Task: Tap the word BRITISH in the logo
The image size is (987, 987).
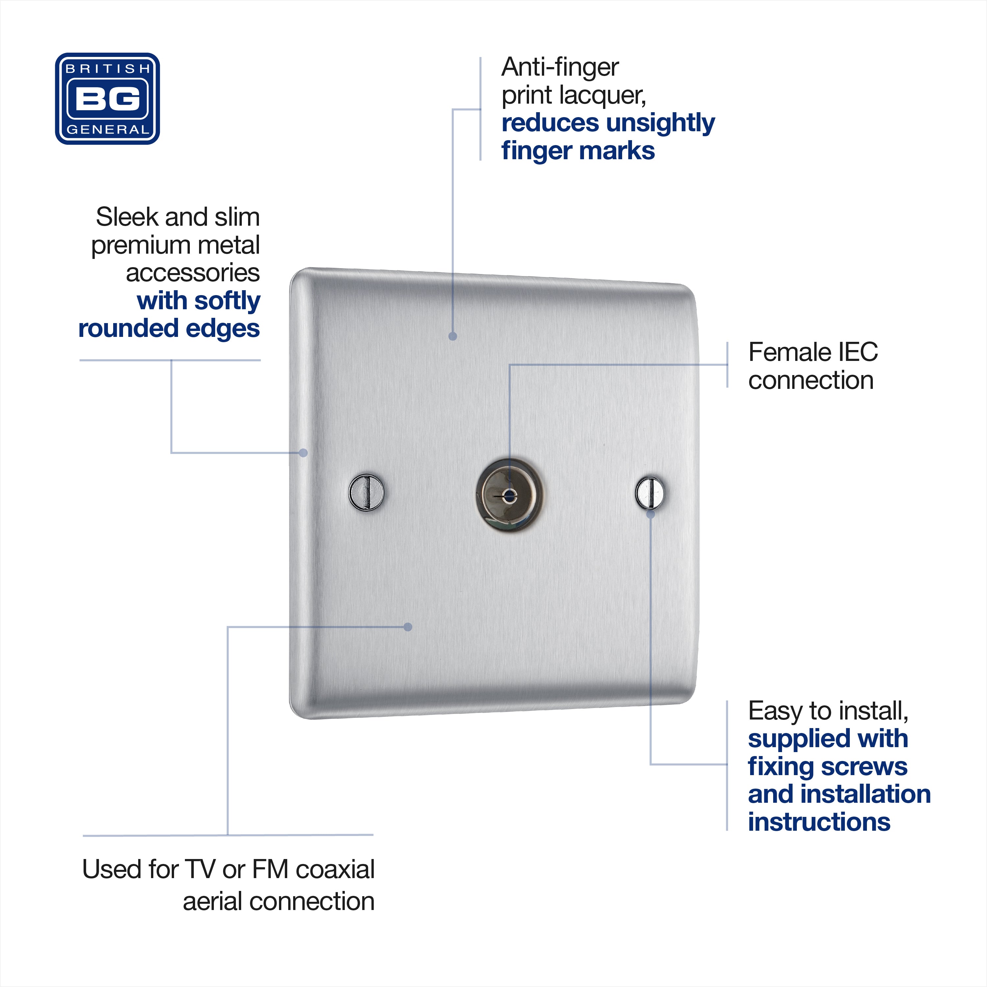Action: pyautogui.click(x=108, y=68)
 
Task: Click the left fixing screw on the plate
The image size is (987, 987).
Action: pyautogui.click(x=366, y=492)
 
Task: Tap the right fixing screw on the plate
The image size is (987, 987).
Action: pyautogui.click(x=650, y=493)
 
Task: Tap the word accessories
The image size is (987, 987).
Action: pyautogui.click(x=192, y=273)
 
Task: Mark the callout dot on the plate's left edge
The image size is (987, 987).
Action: pyautogui.click(x=303, y=453)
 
